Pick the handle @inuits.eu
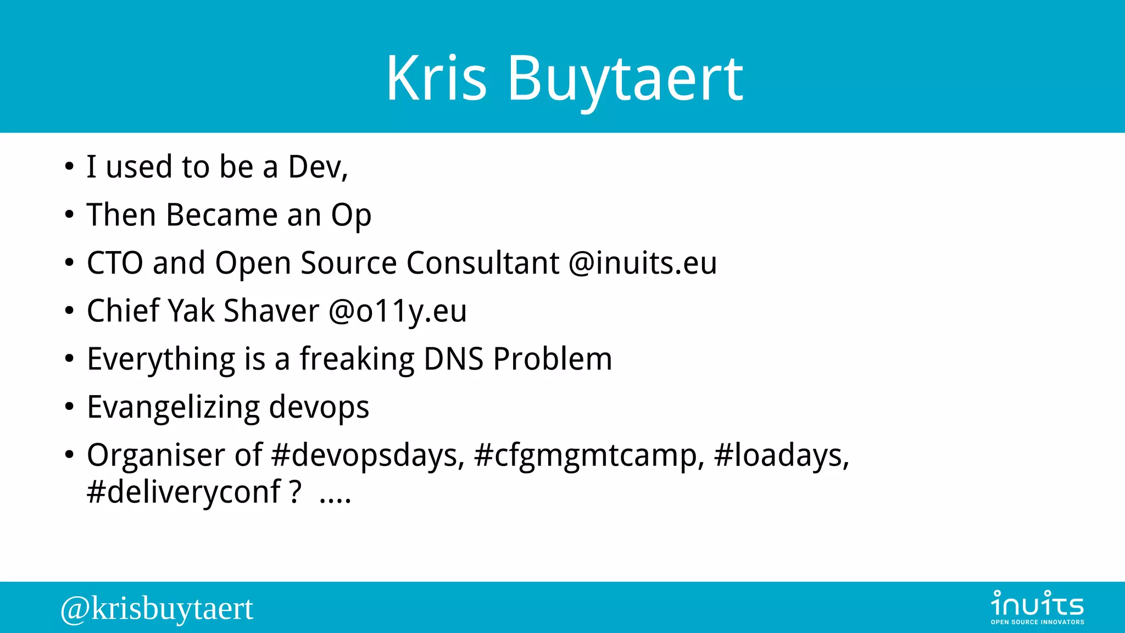coord(643,263)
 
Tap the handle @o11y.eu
coord(398,311)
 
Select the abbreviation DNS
coord(454,359)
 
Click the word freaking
coord(357,360)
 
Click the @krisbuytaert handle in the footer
coord(157,609)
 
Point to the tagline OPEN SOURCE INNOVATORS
coord(1037,622)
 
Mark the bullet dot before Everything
coord(69,359)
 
